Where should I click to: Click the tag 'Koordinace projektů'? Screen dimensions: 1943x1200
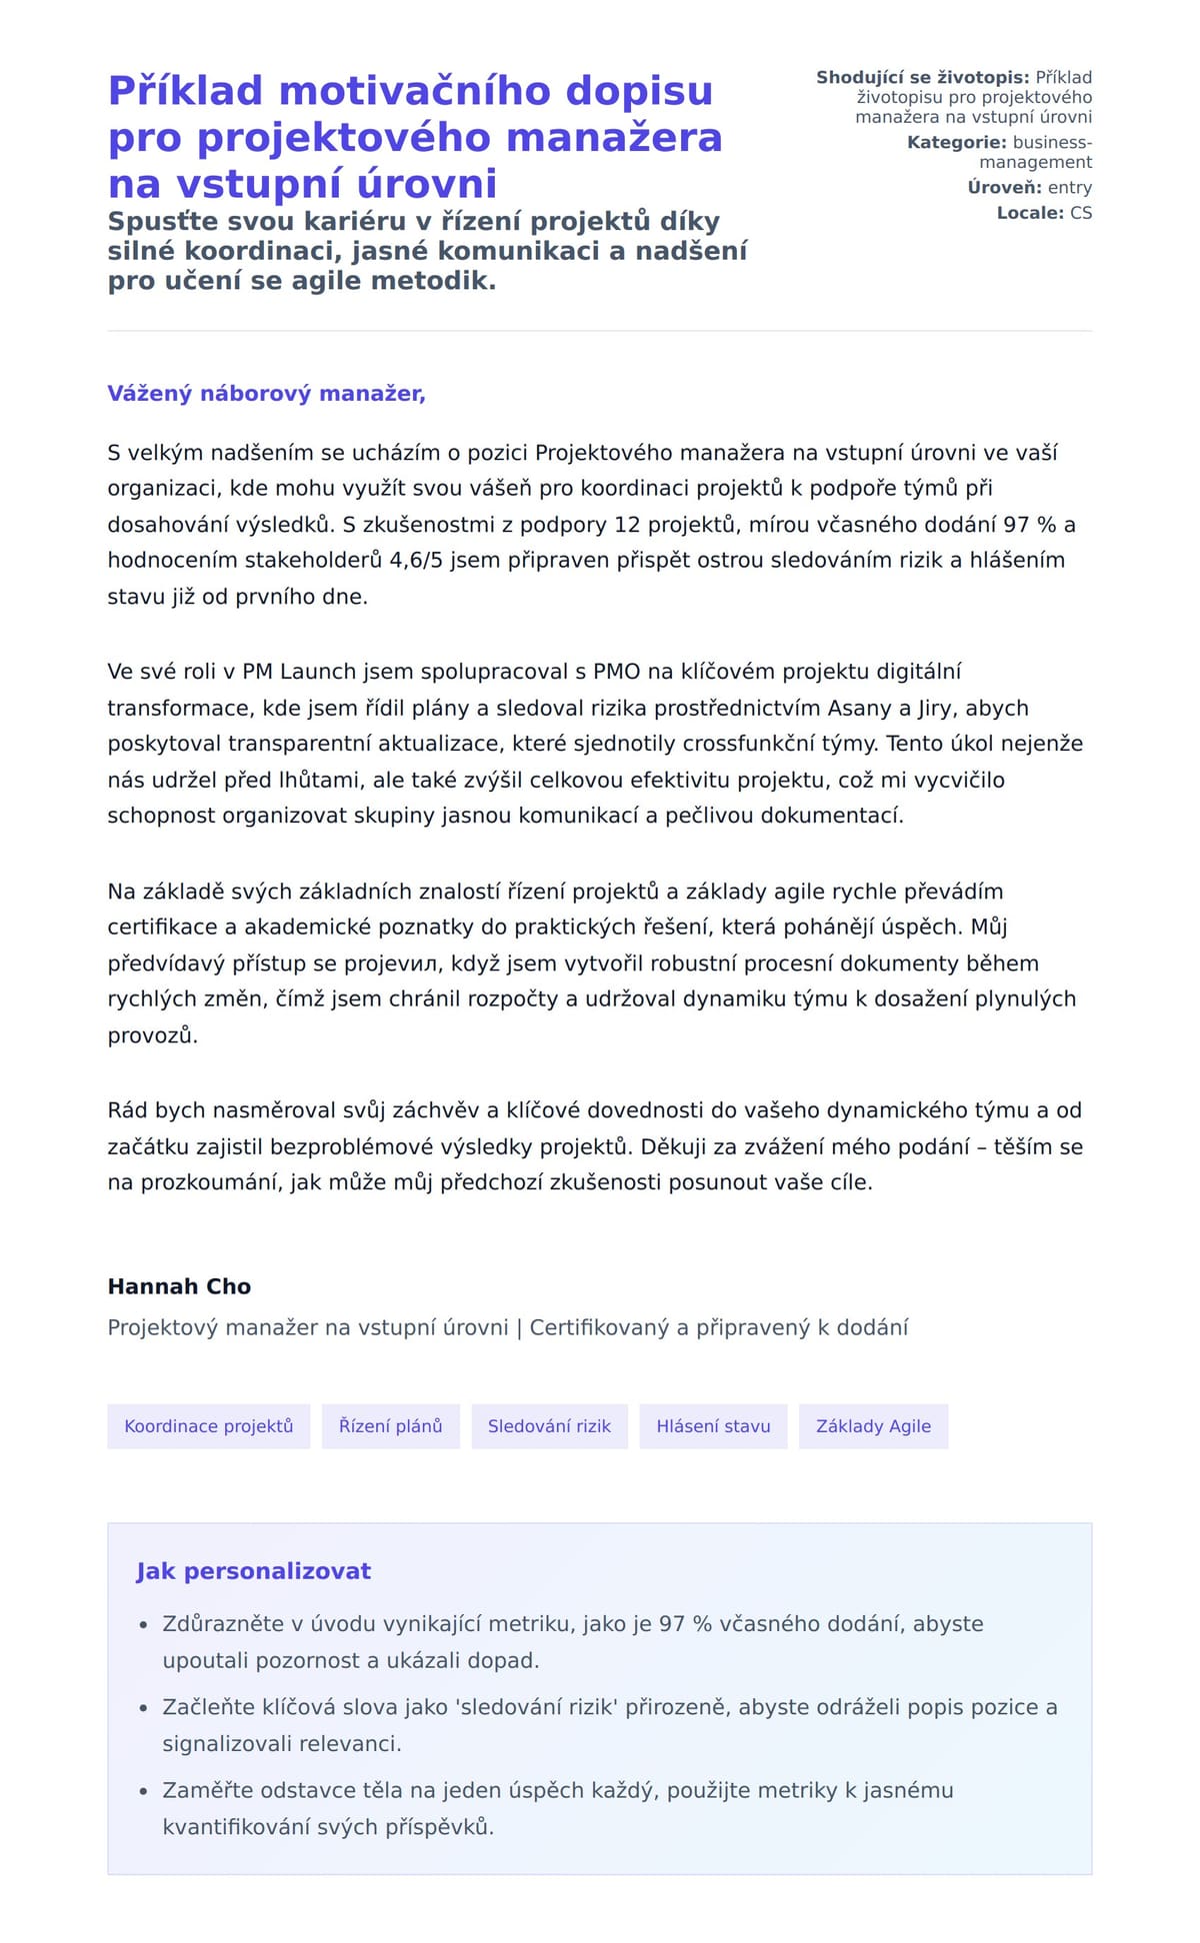tap(208, 1426)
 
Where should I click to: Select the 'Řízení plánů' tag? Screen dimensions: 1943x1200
tap(390, 1426)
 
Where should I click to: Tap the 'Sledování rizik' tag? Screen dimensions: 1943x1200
tap(549, 1426)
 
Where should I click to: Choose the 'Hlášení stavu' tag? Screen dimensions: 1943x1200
tap(713, 1426)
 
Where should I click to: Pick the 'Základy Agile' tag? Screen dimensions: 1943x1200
tap(873, 1426)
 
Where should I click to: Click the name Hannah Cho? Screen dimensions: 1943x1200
tap(179, 1286)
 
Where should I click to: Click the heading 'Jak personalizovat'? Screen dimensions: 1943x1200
tap(253, 1571)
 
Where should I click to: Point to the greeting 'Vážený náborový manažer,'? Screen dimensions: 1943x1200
tap(266, 394)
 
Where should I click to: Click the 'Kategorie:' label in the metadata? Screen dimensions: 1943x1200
tap(956, 142)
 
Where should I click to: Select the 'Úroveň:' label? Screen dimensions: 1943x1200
tap(1004, 187)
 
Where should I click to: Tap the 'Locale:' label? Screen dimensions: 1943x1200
tap(1030, 213)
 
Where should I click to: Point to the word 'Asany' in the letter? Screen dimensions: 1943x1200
tap(858, 708)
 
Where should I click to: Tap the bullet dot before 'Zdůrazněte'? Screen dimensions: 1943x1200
tap(143, 1626)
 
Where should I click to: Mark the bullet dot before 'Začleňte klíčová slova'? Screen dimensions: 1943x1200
tap(143, 1709)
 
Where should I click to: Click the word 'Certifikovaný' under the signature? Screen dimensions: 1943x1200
tap(599, 1327)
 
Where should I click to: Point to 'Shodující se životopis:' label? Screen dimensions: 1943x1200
tap(922, 78)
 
